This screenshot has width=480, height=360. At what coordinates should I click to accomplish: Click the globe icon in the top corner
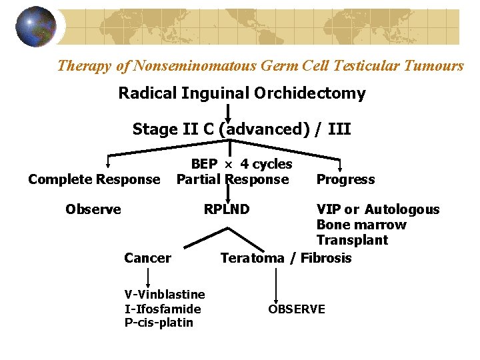(x=36, y=27)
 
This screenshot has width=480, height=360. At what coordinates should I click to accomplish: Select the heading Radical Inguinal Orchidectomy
(x=241, y=93)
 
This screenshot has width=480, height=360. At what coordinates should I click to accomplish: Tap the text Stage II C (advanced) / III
(x=241, y=129)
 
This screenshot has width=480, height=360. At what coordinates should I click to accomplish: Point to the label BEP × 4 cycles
(x=241, y=164)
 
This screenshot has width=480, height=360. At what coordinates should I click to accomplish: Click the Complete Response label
(x=94, y=179)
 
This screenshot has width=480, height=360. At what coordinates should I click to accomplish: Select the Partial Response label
(x=233, y=179)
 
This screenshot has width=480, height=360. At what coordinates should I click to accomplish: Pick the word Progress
(x=345, y=179)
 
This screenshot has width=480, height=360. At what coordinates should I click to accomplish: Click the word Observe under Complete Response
(x=93, y=209)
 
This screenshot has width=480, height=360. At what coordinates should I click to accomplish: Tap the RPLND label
(x=227, y=209)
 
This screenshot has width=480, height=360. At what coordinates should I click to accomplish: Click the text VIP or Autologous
(x=378, y=209)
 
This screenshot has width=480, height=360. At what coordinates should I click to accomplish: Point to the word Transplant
(x=352, y=240)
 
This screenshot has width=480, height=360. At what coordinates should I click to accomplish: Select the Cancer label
(x=147, y=258)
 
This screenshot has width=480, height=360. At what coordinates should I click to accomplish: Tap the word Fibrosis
(x=326, y=258)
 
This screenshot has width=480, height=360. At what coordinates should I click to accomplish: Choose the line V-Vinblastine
(x=165, y=294)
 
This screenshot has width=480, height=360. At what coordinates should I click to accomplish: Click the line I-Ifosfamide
(x=163, y=308)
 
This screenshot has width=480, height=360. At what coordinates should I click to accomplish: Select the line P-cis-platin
(x=159, y=323)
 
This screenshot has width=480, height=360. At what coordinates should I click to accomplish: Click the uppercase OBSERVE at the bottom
(x=297, y=309)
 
